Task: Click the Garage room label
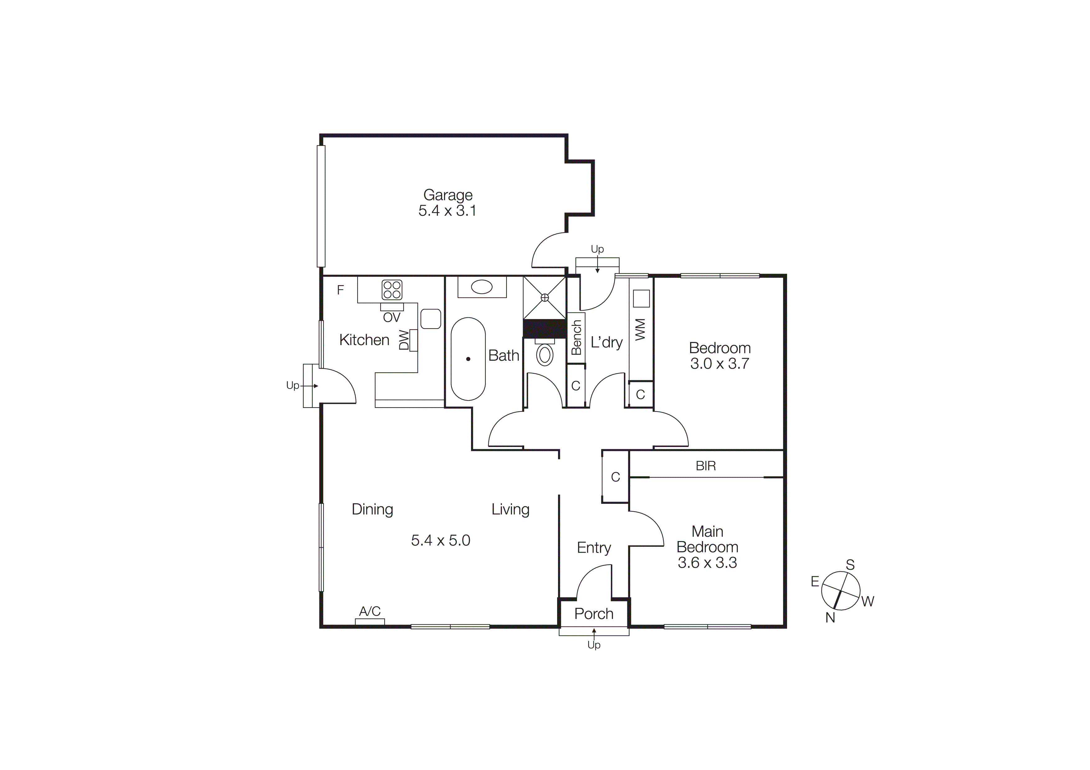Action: pos(448,195)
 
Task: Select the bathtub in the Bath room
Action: pos(468,359)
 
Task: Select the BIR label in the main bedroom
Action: pos(705,466)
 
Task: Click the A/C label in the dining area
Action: pos(370,611)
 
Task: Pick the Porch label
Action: pos(594,614)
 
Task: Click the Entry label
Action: pos(594,548)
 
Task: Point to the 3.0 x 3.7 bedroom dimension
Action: pos(720,364)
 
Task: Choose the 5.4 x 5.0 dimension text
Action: pos(441,540)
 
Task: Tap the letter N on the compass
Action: pos(830,618)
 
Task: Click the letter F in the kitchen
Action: pos(340,290)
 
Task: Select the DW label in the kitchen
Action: pos(404,340)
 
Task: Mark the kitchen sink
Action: pos(431,319)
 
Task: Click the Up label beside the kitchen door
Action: pos(292,386)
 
